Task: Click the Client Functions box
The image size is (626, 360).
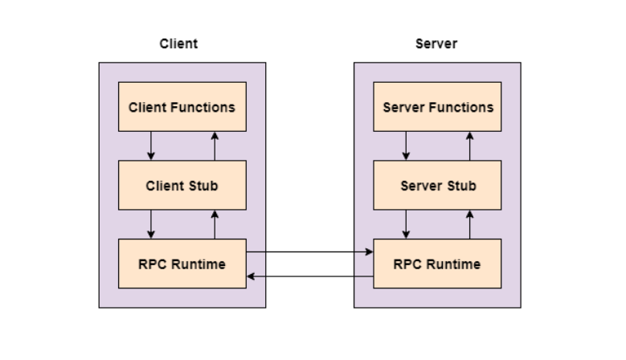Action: point(182,107)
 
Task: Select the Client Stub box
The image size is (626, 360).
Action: point(182,186)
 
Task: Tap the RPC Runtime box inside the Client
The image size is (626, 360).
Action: point(182,264)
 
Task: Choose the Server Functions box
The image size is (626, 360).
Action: point(438,107)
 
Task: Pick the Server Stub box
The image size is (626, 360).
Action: point(438,186)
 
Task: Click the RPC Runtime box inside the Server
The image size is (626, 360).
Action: point(438,264)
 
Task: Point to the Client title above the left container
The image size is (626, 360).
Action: point(178,44)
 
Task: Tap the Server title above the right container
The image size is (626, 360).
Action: point(436,44)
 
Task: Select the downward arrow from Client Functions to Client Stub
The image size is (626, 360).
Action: point(150,146)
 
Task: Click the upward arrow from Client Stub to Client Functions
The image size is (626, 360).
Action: point(215,146)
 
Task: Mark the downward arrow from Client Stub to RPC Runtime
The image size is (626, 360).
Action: point(150,224)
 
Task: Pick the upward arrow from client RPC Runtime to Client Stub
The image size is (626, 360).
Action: point(215,224)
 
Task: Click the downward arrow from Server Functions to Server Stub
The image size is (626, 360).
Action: point(406,146)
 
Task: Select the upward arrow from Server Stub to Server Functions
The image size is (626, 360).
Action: point(470,146)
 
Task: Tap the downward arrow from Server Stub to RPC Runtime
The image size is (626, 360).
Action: point(406,224)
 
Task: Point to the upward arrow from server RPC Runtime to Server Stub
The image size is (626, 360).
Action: point(470,224)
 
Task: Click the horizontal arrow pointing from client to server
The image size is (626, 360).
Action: point(310,252)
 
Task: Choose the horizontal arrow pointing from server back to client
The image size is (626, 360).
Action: point(310,276)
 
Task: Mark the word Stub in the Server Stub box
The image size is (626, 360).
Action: point(461,186)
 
